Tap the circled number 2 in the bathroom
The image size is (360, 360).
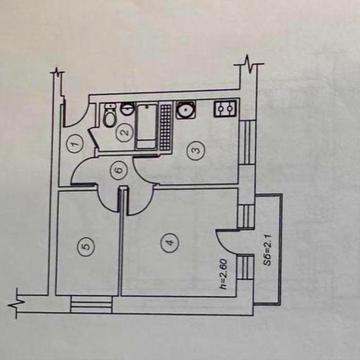click(125, 131)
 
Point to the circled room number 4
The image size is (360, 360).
click(170, 241)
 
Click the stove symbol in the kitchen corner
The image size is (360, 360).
click(227, 109)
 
